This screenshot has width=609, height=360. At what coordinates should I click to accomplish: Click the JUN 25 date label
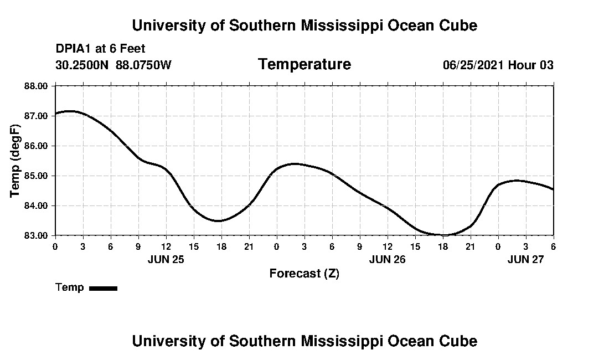(x=166, y=259)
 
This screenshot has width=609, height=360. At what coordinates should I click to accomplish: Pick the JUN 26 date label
(x=388, y=259)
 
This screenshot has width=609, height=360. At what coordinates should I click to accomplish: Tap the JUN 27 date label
(x=525, y=259)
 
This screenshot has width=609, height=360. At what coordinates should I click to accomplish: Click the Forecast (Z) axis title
(x=304, y=274)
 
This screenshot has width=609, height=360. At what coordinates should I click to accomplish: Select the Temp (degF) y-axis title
(x=16, y=161)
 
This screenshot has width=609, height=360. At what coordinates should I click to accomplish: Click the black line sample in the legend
(x=104, y=288)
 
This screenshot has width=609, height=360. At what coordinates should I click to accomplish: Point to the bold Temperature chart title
(x=304, y=65)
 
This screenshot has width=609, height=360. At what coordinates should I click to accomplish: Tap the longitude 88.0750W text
(x=143, y=65)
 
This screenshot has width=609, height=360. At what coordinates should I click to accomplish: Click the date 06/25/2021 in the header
(x=473, y=65)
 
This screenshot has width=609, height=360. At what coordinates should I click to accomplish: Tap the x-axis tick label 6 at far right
(x=553, y=246)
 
